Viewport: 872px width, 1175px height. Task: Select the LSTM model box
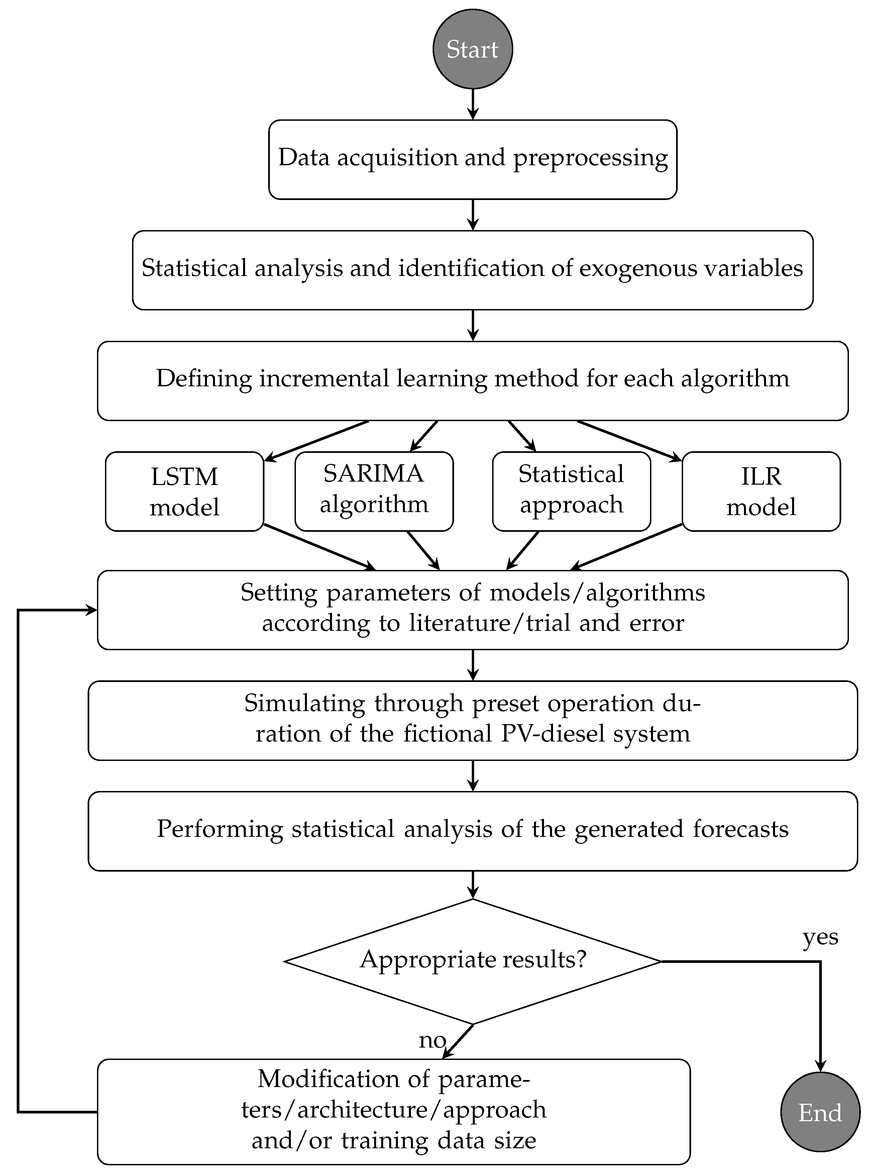click(x=184, y=491)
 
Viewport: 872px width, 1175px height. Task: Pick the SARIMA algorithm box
click(x=374, y=491)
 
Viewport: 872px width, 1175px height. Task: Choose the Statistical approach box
click(x=571, y=491)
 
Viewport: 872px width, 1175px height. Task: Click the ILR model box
click(x=761, y=491)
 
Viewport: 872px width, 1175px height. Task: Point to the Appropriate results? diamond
click(x=472, y=961)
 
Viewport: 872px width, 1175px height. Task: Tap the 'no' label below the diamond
click(x=432, y=1040)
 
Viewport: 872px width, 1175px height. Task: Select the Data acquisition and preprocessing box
click(x=472, y=159)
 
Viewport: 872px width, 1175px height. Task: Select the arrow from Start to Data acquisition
click(x=473, y=104)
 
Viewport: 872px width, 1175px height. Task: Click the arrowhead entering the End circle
click(x=820, y=1067)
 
